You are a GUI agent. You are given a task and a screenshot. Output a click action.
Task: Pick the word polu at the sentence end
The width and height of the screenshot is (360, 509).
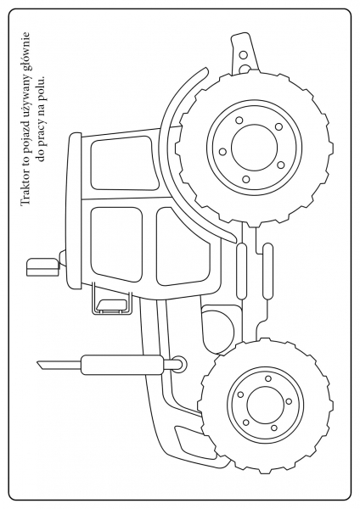pyautogui.click(x=42, y=87)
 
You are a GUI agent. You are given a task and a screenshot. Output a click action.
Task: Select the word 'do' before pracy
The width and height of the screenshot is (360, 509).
pyautogui.click(x=42, y=153)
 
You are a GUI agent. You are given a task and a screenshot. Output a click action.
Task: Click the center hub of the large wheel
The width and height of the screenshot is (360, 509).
pyautogui.click(x=255, y=147)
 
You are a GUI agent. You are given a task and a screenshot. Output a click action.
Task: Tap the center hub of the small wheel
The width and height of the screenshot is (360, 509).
pyautogui.click(x=266, y=405)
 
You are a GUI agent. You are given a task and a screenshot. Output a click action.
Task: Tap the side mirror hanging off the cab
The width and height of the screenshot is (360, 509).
pyautogui.click(x=111, y=305)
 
